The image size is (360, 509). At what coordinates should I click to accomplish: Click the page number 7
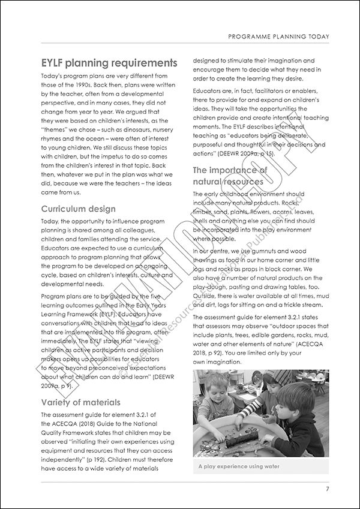[327, 489]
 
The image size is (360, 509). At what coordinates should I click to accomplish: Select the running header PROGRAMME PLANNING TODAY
[278, 37]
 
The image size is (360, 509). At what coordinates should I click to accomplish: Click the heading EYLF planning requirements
[109, 64]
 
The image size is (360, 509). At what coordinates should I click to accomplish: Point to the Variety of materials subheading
[80, 402]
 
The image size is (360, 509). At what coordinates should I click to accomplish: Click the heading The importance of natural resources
[228, 175]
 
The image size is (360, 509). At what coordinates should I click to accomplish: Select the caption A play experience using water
[240, 466]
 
